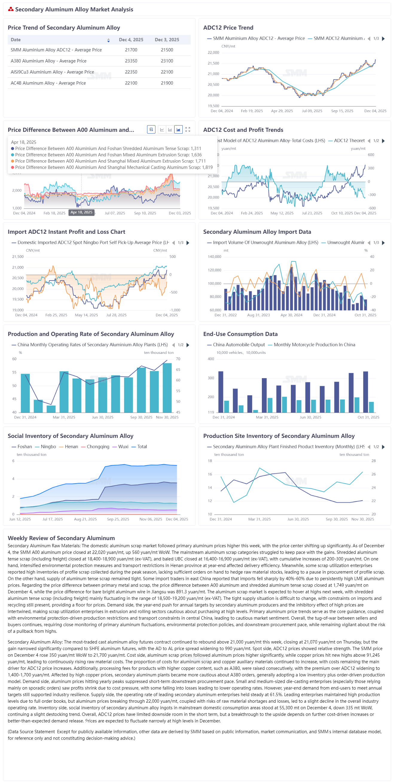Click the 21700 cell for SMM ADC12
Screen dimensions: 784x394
click(131, 50)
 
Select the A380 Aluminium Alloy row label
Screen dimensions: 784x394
click(48, 61)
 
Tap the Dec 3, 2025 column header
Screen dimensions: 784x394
click(167, 40)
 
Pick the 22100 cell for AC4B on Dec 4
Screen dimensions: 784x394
click(131, 83)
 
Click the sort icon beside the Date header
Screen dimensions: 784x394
click(109, 40)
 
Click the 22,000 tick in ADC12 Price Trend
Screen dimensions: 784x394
click(213, 53)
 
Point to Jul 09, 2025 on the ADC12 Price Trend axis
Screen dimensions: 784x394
click(312, 111)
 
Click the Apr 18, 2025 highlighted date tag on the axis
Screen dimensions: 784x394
click(81, 213)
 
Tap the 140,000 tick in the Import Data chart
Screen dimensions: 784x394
click(214, 257)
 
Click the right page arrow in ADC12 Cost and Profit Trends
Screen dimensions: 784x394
click(383, 140)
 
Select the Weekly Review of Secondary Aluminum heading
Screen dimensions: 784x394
click(61, 538)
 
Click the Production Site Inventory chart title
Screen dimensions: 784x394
click(279, 436)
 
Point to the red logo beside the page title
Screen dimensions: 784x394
click(11, 9)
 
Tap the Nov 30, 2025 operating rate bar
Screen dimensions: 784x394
click(167, 388)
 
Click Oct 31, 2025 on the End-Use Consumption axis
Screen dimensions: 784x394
click(368, 417)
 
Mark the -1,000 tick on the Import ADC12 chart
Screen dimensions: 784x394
click(175, 310)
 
